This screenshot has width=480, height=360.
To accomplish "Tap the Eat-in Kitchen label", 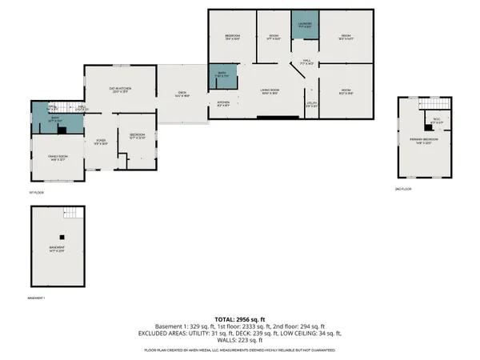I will tap(120, 90).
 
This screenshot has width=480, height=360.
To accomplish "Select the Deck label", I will tap(182, 94).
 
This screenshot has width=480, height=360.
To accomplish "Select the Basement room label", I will tap(58, 249).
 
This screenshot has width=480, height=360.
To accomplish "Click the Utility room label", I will tap(311, 105).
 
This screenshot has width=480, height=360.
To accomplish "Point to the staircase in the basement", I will tap(73, 213).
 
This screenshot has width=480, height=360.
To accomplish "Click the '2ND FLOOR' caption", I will tap(403, 190).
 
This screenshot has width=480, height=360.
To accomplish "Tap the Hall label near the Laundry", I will tap(307, 62).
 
